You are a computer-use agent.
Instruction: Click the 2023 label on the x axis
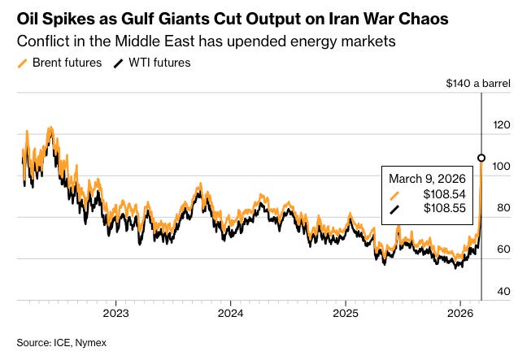click(x=115, y=312)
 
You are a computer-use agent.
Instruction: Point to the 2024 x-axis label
click(x=231, y=312)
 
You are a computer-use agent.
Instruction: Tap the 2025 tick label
click(x=346, y=312)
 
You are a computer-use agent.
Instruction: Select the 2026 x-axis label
click(x=460, y=312)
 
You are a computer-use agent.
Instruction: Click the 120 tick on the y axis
click(x=503, y=125)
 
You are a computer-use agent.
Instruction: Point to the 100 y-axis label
click(x=503, y=167)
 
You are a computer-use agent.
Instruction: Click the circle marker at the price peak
click(x=481, y=158)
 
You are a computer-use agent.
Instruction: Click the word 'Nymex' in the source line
click(x=91, y=343)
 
